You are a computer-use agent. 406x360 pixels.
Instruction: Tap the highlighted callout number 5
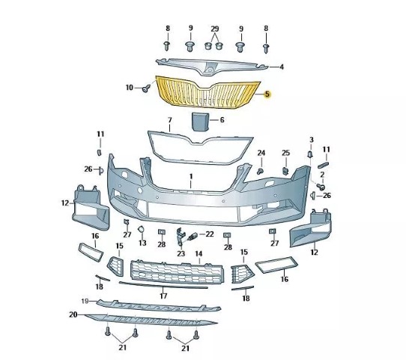[267, 94]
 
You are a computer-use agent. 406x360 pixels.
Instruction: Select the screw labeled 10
[146, 88]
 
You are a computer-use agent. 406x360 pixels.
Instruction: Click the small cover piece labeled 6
[200, 121]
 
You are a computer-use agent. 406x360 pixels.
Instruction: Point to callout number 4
[282, 67]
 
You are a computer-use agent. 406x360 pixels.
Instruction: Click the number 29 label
[215, 28]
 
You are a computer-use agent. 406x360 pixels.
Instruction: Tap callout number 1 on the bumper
[191, 177]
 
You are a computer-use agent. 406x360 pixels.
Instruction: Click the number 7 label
[170, 120]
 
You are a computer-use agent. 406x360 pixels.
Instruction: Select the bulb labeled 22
[193, 236]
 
